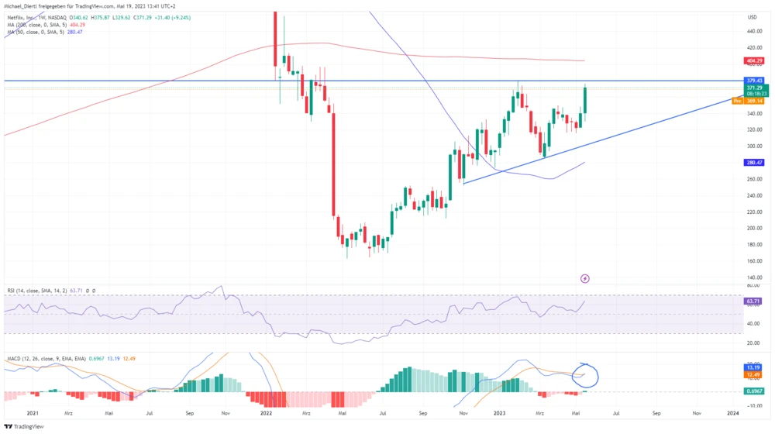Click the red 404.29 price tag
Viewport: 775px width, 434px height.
tap(752, 60)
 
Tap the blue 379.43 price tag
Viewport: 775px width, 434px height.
tap(752, 81)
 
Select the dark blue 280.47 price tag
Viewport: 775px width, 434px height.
tap(752, 163)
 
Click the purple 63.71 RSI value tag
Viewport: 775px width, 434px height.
tap(752, 300)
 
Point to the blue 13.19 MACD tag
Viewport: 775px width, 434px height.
tap(752, 367)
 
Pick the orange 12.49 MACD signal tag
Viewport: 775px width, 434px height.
tap(752, 375)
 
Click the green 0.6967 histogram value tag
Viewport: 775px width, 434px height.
tap(752, 391)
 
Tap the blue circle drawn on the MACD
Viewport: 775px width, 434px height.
tap(587, 374)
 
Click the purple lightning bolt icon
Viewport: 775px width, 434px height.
tap(585, 278)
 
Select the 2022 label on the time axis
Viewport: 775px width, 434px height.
tap(266, 414)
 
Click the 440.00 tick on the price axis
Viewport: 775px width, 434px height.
tap(752, 31)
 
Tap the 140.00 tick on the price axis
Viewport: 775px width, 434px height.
tap(752, 277)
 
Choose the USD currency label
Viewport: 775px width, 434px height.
tap(752, 16)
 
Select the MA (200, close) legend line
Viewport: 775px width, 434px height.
tap(46, 24)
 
